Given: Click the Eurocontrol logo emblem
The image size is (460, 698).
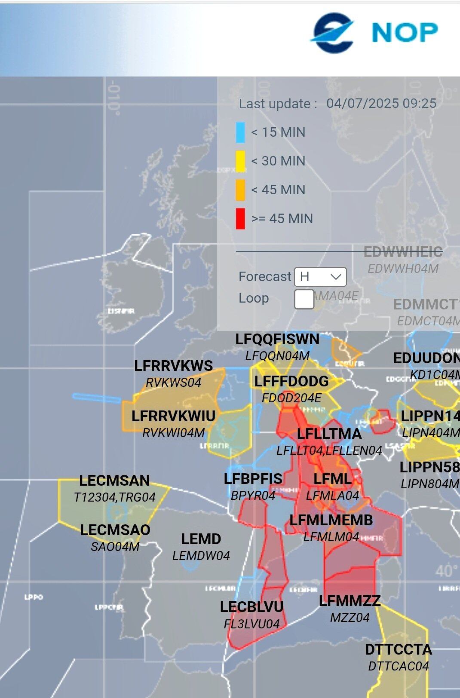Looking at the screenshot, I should pyautogui.click(x=332, y=32).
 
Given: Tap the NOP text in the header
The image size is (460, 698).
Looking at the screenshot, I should pyautogui.click(x=405, y=32).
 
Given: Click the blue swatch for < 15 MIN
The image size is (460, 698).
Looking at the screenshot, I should pyautogui.click(x=240, y=132).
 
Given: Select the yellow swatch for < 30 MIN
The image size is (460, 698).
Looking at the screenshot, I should pyautogui.click(x=240, y=161).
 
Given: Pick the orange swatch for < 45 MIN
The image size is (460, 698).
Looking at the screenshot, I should pyautogui.click(x=240, y=190).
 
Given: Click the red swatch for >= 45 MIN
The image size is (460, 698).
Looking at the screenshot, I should pyautogui.click(x=240, y=219).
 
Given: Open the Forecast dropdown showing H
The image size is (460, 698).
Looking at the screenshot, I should pyautogui.click(x=320, y=277).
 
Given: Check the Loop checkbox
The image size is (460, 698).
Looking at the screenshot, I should pyautogui.click(x=304, y=299).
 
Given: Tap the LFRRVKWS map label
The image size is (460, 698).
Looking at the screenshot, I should pyautogui.click(x=173, y=366).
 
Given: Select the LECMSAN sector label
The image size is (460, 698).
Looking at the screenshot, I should pyautogui.click(x=114, y=481).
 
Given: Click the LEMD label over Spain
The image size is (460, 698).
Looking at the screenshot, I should pyautogui.click(x=201, y=539).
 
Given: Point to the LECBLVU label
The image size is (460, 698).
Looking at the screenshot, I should pyautogui.click(x=251, y=607).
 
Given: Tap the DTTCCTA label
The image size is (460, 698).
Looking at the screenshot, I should pyautogui.click(x=398, y=649).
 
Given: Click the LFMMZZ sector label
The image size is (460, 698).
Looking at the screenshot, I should pyautogui.click(x=350, y=601).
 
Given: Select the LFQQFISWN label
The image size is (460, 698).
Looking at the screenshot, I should pyautogui.click(x=277, y=339).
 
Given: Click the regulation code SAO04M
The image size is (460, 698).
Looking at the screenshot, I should pyautogui.click(x=115, y=547).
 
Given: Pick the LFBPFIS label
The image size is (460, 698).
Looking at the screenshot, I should pyautogui.click(x=253, y=479).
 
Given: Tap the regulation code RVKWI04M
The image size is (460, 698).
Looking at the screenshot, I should pyautogui.click(x=173, y=433).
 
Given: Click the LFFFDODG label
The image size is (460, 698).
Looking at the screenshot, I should pyautogui.click(x=291, y=381).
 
